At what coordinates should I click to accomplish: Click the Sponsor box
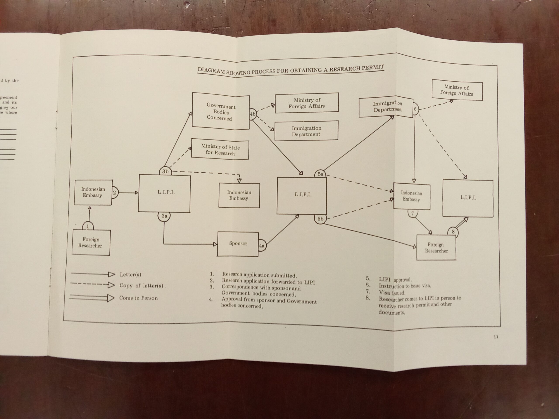coord(238,244)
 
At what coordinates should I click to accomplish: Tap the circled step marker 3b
coord(165,172)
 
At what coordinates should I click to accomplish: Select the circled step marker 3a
coord(164,216)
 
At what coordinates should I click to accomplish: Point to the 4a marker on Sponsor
coord(262,246)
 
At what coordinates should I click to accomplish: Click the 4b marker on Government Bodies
coord(252,114)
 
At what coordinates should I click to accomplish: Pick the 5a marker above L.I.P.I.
coord(320,174)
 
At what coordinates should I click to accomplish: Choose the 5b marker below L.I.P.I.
coord(320,219)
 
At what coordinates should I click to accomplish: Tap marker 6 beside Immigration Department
coord(415,109)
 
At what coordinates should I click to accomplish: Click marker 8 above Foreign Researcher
coord(453,232)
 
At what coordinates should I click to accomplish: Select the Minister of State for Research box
coord(220,150)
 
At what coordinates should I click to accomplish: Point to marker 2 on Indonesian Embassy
coord(114,193)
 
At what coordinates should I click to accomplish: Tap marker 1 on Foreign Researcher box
coord(88,226)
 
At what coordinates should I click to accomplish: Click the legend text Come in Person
coord(138,298)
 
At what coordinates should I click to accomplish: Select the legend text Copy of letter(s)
coord(141,286)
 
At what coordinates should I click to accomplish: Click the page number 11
coord(496,337)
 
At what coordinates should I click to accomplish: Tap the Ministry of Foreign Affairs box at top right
coord(457,90)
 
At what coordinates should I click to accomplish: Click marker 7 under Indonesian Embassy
coord(412,214)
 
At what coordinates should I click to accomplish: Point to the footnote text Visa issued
coord(392,293)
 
